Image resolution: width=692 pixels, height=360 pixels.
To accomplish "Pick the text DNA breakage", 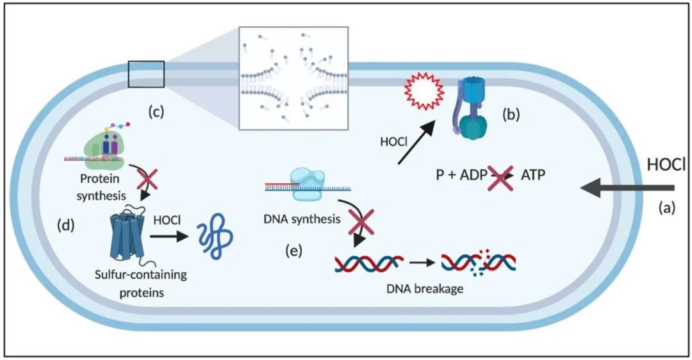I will tap(425, 288).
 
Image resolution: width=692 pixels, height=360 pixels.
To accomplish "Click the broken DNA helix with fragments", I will tap(479, 262).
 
